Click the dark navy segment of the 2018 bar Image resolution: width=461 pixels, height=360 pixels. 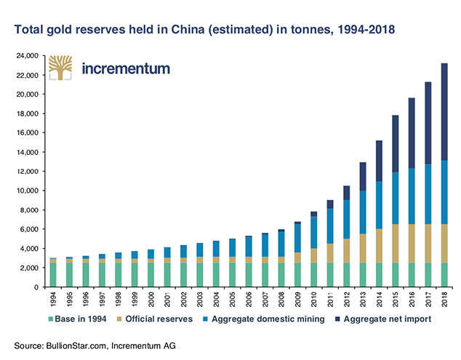(444, 112)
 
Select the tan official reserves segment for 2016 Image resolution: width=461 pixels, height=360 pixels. (412, 244)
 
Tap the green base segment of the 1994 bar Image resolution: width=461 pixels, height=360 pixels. (53, 275)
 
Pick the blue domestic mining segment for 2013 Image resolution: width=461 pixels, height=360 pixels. (363, 212)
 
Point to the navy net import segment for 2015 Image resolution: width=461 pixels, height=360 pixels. (396, 144)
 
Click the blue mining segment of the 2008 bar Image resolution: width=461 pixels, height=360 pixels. (281, 244)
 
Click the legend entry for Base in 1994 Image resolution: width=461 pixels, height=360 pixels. (77, 319)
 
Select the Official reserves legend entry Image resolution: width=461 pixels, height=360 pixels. (155, 319)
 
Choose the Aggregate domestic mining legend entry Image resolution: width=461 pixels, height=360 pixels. (264, 319)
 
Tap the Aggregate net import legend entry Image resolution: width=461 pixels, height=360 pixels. (383, 319)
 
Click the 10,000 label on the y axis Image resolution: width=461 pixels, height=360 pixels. (28, 191)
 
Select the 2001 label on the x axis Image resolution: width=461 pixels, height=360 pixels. (167, 300)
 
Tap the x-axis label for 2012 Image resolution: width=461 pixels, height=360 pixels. (347, 300)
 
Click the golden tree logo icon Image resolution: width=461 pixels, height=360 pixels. (60, 68)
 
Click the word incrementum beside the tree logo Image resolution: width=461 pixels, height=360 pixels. (126, 68)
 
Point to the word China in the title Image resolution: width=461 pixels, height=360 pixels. (188, 29)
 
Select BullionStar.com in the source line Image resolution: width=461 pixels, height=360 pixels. (76, 345)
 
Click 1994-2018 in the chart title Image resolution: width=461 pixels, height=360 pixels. (366, 29)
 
